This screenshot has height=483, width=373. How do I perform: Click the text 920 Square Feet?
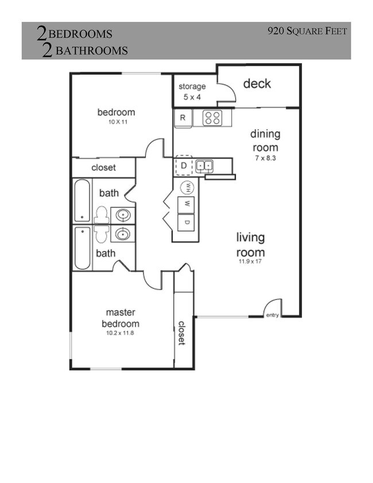[307, 31]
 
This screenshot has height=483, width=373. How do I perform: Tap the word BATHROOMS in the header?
[91, 51]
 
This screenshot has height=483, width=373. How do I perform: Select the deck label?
[257, 84]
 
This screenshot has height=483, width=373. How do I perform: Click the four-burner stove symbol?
[212, 118]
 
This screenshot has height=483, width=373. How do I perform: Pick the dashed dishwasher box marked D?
[184, 167]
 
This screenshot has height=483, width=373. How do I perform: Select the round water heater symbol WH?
[187, 187]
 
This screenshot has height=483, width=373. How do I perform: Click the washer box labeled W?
[187, 204]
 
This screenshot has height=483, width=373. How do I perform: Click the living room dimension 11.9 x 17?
[251, 262]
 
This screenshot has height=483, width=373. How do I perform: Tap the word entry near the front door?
[272, 315]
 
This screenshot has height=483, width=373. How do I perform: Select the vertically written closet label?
[181, 333]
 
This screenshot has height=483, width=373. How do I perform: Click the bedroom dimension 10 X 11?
[115, 122]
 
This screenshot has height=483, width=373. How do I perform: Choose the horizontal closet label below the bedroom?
[103, 168]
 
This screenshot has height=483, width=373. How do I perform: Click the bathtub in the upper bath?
[82, 200]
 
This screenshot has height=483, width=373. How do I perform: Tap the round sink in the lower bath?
[122, 234]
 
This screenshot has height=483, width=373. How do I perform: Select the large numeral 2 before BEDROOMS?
[42, 34]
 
